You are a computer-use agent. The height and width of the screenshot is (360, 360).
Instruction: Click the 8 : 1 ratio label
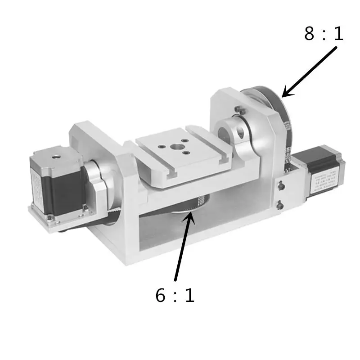pos(324,34)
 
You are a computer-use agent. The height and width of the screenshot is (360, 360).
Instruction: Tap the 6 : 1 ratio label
pos(175,296)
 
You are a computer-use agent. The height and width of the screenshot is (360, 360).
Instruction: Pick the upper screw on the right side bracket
pos(280,184)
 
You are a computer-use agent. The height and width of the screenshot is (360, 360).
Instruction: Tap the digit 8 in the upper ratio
pos(310,34)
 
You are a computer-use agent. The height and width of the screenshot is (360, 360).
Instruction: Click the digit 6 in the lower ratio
pos(161,296)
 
